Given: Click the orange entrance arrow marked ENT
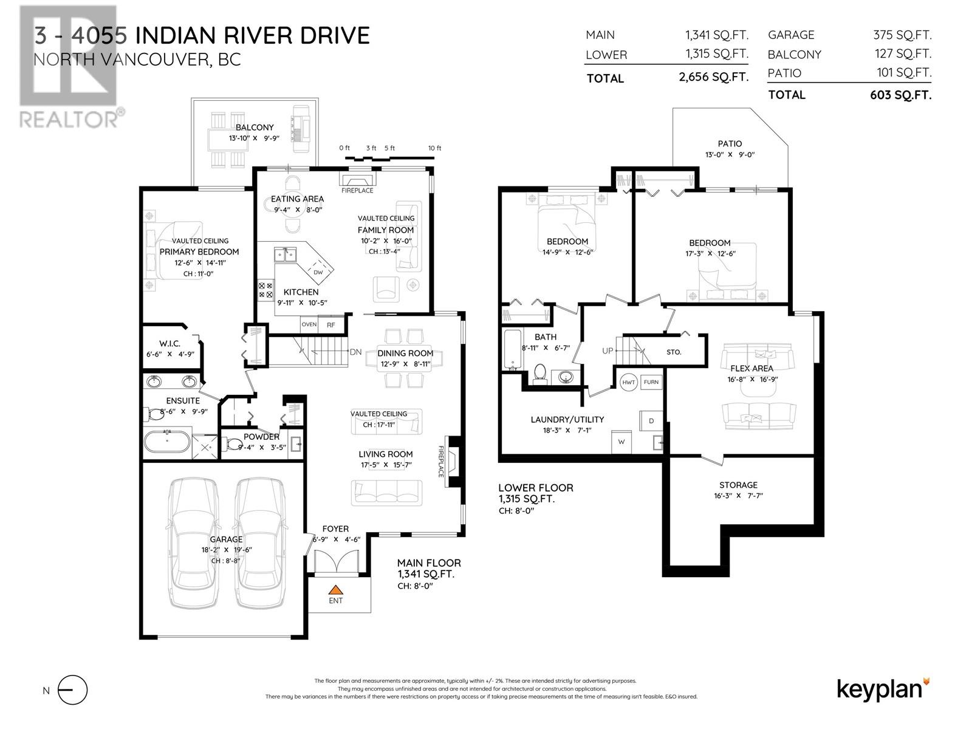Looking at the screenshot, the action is tap(336, 589).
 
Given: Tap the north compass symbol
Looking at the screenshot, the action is tap(73, 690).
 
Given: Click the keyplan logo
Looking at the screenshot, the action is tap(883, 689).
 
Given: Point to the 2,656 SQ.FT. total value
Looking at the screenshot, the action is tap(713, 77).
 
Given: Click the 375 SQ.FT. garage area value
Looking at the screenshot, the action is tap(902, 35).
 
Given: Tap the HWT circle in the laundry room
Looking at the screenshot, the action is tap(628, 382).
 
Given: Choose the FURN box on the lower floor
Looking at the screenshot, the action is tap(651, 382).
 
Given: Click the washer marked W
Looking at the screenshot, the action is tap(621, 442).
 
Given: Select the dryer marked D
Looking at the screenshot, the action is tap(651, 420).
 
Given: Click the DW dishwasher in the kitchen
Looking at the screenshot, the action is tap(318, 271).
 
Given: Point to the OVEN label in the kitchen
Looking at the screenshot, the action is tap(309, 324).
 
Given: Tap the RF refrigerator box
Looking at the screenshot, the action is tap(331, 324).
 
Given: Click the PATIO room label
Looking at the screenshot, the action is tap(730, 144).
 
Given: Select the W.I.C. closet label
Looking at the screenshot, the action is tap(169, 343).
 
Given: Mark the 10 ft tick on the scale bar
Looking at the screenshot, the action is tap(434, 148).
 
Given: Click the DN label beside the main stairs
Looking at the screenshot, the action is tap(355, 352).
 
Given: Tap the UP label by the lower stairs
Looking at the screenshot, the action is tap(607, 351).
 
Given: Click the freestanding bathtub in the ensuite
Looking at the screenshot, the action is tap(167, 441).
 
